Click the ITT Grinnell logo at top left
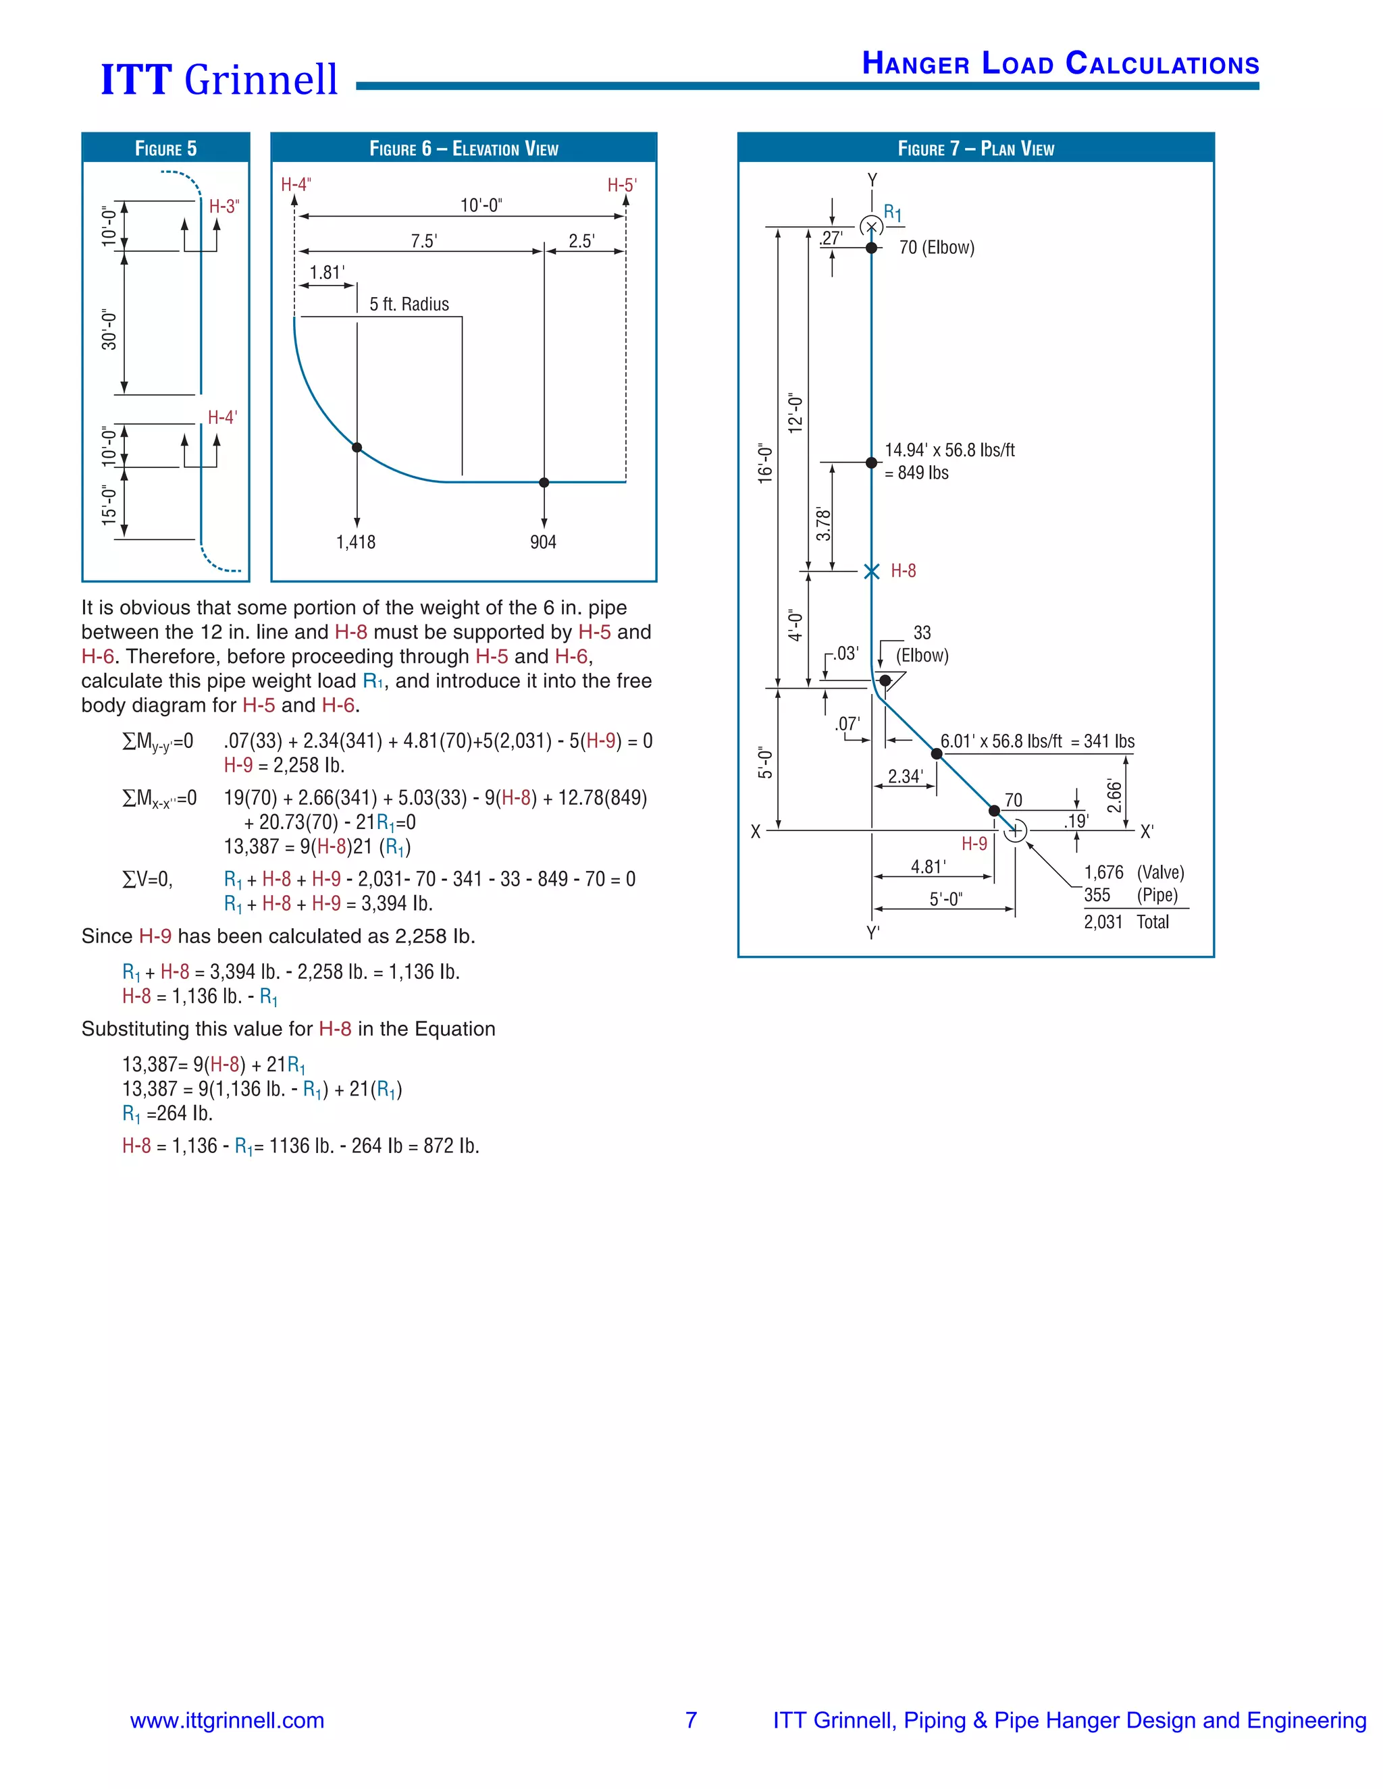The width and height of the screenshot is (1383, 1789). [219, 80]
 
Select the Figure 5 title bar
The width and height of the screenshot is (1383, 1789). [165, 149]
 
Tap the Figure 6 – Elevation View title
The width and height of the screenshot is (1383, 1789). [464, 149]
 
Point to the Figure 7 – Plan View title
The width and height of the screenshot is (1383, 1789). [975, 149]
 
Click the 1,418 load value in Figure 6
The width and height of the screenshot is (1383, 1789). [356, 542]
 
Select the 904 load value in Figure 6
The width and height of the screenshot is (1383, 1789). [543, 542]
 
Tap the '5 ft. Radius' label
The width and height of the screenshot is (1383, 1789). [409, 304]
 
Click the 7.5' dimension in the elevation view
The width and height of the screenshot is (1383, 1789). [423, 241]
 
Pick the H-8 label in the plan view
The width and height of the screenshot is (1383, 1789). [903, 571]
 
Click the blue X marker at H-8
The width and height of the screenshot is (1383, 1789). [872, 571]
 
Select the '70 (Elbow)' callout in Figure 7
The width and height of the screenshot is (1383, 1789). [937, 247]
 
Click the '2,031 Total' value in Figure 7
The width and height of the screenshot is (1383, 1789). [1126, 922]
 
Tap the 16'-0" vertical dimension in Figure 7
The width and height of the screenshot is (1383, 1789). [765, 464]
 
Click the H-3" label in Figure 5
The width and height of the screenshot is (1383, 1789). [224, 207]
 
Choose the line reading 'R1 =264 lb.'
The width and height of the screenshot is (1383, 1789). [167, 1114]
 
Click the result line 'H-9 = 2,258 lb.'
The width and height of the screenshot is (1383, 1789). [284, 765]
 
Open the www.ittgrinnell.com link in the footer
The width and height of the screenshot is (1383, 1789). [227, 1720]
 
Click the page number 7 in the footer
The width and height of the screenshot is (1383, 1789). [691, 1720]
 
